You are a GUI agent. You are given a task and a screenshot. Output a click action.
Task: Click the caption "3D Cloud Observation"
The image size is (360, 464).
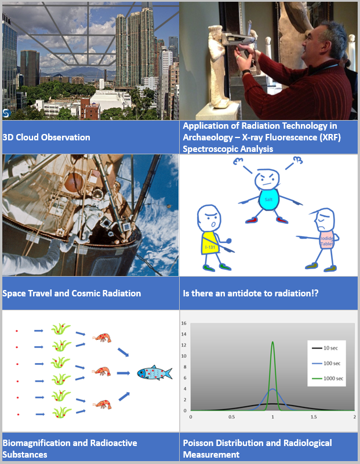46,137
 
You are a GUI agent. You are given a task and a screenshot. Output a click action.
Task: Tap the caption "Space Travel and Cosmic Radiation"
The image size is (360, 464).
72,293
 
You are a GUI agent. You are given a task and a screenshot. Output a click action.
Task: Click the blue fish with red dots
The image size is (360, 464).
154,373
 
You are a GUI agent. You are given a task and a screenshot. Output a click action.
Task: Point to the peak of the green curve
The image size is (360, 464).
272,342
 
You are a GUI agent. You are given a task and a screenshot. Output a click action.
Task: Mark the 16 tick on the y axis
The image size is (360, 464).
183,323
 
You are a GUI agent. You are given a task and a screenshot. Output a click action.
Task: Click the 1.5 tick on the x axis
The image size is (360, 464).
313,416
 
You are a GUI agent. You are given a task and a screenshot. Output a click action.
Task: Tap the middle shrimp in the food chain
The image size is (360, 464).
102,370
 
